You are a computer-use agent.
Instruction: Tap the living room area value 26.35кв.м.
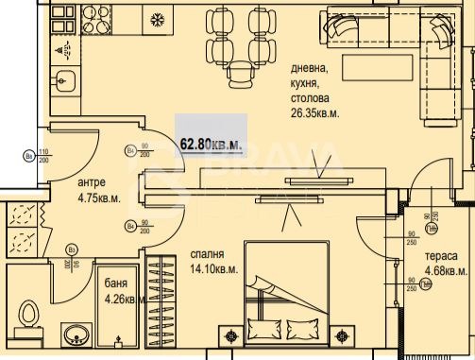pyautogui.click(x=314, y=112)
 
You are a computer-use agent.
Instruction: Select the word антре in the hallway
pyautogui.click(x=92, y=182)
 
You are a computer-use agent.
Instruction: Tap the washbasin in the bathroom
pyautogui.click(x=76, y=334)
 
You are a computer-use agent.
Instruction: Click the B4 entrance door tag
pyautogui.click(x=28, y=157)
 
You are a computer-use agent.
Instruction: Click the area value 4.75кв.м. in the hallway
pyautogui.click(x=98, y=198)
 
